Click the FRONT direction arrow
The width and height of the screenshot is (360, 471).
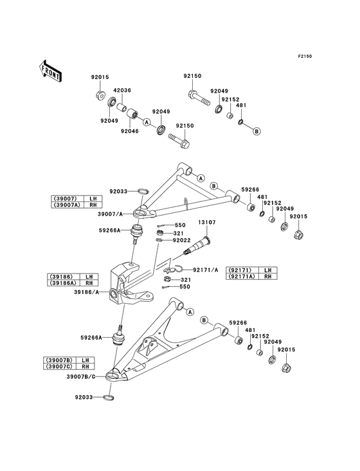(x=50, y=71)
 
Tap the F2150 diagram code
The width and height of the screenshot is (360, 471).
(x=305, y=56)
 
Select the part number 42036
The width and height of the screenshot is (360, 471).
(x=122, y=90)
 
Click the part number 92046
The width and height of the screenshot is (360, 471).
(x=130, y=131)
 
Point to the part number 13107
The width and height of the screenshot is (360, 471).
(x=207, y=222)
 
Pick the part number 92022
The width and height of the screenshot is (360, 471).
(x=181, y=240)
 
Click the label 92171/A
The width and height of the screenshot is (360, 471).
(x=206, y=270)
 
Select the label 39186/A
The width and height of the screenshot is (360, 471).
(x=86, y=291)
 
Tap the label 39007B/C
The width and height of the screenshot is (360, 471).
(x=81, y=376)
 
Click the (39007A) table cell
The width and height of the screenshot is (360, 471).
(x=66, y=205)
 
